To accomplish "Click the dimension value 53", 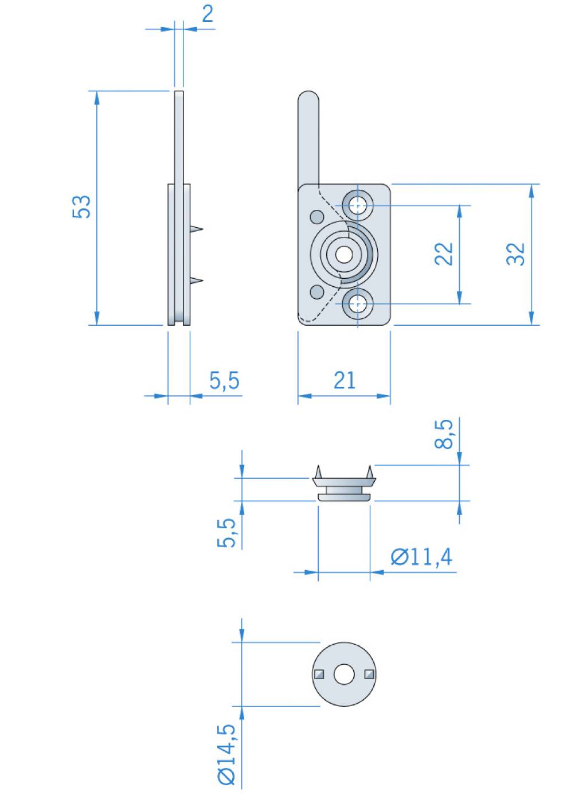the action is point(81,206).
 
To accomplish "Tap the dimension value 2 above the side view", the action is point(208,14).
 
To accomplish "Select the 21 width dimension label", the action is point(344,380).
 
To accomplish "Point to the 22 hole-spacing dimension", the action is point(444,254).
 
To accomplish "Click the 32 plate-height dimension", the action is point(515,254).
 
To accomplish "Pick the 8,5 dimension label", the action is point(444,434).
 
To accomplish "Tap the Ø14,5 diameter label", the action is point(226,754).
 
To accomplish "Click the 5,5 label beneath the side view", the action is point(224,380).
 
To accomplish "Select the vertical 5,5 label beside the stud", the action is point(226,533).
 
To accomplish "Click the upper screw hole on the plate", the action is point(358,206).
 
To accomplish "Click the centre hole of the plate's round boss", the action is point(344,255).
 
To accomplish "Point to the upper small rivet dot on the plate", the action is point(317,217).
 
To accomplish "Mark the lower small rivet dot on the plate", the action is point(317,292).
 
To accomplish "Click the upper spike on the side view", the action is point(197,228).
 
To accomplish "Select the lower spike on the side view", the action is point(197,280).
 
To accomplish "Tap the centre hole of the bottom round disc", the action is point(344,675).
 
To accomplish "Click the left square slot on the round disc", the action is point(319,675).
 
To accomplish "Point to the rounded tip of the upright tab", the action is point(308,92).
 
